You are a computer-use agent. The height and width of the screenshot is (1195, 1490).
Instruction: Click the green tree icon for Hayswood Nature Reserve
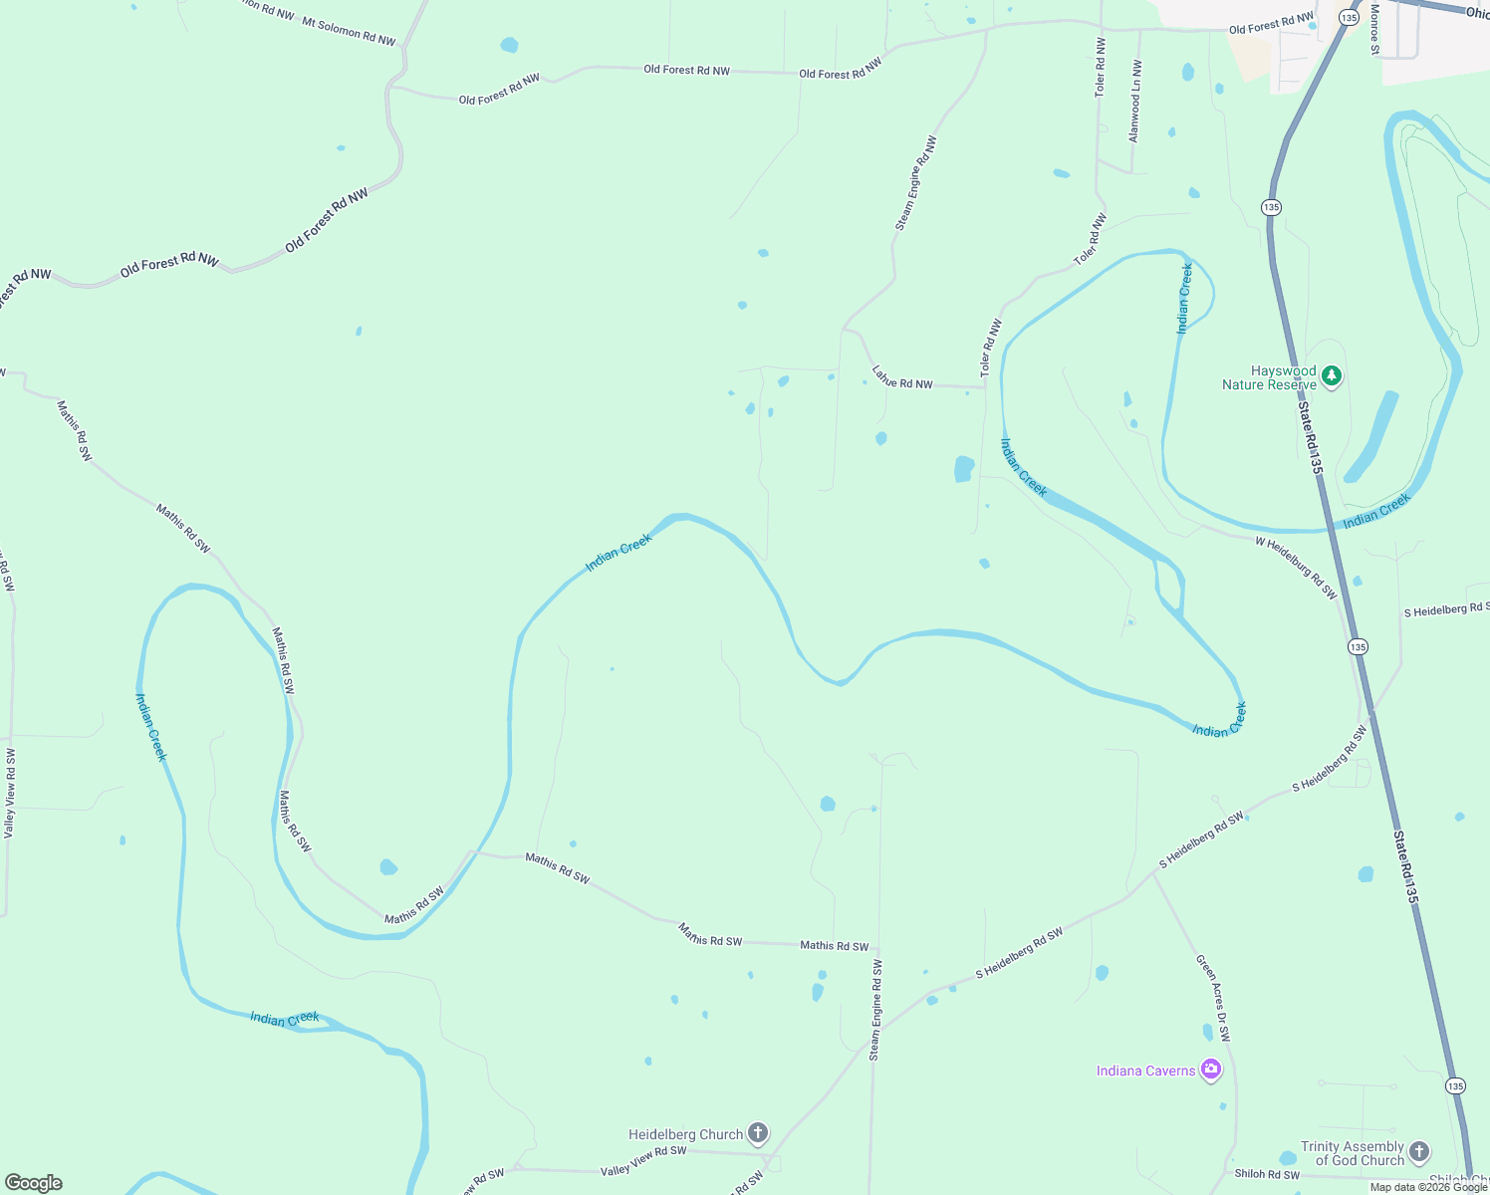pyautogui.click(x=1333, y=376)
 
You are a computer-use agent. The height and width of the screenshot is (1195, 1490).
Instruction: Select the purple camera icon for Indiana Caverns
pyautogui.click(x=1211, y=1070)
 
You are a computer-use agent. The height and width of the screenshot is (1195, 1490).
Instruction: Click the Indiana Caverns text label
pyautogui.click(x=1145, y=1071)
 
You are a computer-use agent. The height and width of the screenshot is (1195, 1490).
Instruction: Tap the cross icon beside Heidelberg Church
pyautogui.click(x=758, y=1133)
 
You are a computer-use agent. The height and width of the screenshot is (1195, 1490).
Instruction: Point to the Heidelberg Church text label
pyautogui.click(x=685, y=1134)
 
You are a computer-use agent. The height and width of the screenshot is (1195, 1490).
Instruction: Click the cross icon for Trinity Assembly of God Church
pyautogui.click(x=1419, y=1152)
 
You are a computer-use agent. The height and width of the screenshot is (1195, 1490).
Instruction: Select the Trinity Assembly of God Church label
pyautogui.click(x=1352, y=1153)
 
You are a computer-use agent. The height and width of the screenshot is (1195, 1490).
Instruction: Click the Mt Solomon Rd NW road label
pyautogui.click(x=349, y=32)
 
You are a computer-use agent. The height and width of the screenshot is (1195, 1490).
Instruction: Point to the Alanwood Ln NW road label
pyautogui.click(x=1135, y=101)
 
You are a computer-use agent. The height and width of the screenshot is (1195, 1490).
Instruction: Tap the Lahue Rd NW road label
pyautogui.click(x=902, y=377)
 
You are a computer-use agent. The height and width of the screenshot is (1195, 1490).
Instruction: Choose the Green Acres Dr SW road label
pyautogui.click(x=1214, y=999)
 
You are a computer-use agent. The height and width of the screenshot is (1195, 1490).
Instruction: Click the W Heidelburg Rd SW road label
pyautogui.click(x=1296, y=568)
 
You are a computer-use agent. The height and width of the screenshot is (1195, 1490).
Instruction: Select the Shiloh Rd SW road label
pyautogui.click(x=1267, y=1174)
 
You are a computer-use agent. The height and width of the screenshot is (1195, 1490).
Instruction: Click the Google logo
pyautogui.click(x=34, y=1182)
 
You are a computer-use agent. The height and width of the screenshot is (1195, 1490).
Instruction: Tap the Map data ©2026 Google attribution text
pyautogui.click(x=1428, y=1186)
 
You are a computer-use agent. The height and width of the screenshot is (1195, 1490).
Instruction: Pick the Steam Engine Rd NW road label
pyautogui.click(x=916, y=184)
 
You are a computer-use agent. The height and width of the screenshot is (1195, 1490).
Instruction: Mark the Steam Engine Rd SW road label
pyautogui.click(x=875, y=1009)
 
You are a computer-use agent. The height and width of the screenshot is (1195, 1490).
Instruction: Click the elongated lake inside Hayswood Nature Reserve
pyautogui.click(x=1371, y=436)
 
